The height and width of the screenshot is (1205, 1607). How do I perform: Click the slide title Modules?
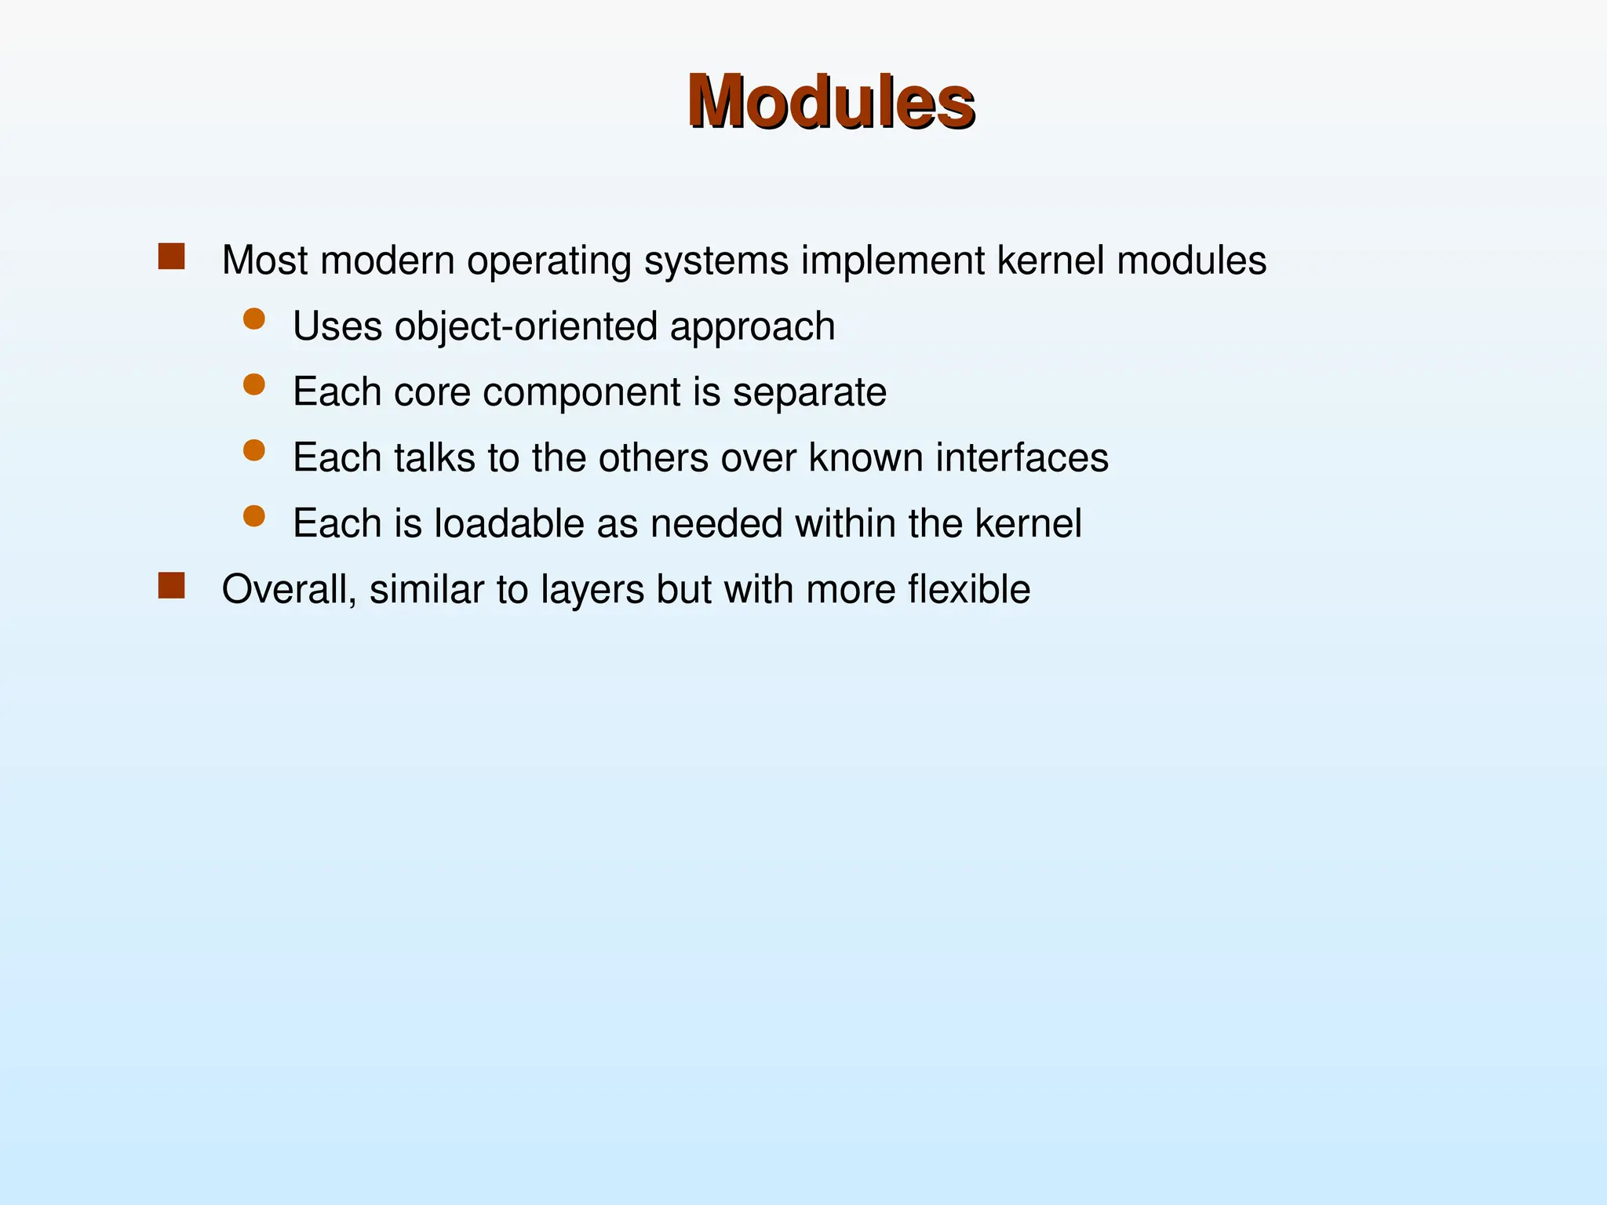pyautogui.click(x=831, y=102)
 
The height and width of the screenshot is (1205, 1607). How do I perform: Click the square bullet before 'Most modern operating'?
pyautogui.click(x=171, y=257)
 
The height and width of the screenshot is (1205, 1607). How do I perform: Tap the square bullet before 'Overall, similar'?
pyautogui.click(x=171, y=585)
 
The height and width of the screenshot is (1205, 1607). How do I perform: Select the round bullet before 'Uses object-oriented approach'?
pyautogui.click(x=253, y=319)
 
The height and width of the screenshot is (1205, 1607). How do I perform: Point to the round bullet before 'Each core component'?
pyautogui.click(x=253, y=384)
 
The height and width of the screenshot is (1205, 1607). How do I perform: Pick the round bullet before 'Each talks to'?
pyautogui.click(x=253, y=450)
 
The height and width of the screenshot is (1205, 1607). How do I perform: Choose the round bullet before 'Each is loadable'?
pyautogui.click(x=253, y=515)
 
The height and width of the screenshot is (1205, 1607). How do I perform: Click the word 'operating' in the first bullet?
pyautogui.click(x=548, y=261)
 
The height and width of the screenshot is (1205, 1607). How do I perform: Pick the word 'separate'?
pyautogui.click(x=809, y=393)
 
